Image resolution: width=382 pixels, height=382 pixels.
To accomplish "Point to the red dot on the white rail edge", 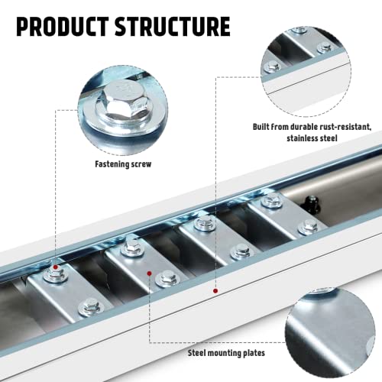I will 216,291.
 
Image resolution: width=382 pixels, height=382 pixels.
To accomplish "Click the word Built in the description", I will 264,126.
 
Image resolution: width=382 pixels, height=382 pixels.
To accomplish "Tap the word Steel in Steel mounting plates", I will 202,353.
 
